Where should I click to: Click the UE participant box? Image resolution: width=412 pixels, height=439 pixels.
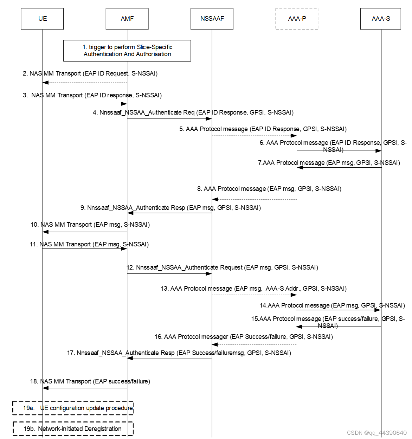[x=42, y=19]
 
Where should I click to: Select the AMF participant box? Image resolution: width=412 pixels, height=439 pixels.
[x=127, y=19]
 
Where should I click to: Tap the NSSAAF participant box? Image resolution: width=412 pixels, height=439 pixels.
[x=212, y=19]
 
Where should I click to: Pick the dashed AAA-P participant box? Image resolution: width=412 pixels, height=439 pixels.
[x=297, y=19]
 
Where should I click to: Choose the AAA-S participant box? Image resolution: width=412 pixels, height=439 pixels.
[x=381, y=19]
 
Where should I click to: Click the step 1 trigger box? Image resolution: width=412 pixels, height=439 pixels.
[x=127, y=51]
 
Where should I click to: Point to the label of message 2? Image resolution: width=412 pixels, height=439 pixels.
[x=90, y=73]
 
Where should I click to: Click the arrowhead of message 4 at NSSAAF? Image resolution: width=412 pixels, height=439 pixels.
[x=209, y=119]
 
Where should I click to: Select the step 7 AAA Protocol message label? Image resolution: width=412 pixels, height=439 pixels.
[x=329, y=163]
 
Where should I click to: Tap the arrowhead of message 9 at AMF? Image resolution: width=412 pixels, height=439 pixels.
[x=130, y=213]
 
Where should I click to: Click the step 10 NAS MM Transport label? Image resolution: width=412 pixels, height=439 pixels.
[x=90, y=225]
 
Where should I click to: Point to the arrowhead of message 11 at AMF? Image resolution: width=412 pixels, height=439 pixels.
[x=124, y=248]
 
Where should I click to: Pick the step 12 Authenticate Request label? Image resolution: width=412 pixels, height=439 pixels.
[x=222, y=267]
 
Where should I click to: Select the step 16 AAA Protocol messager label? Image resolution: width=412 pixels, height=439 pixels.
[x=244, y=337]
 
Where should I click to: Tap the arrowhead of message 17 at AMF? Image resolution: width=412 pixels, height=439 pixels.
[x=130, y=358]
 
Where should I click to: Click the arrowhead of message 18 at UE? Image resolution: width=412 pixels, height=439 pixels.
[x=45, y=388]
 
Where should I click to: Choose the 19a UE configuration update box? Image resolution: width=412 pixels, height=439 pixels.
[x=73, y=408]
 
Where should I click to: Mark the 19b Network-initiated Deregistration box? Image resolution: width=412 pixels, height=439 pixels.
[x=73, y=429]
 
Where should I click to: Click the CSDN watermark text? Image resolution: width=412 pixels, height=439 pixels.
[x=376, y=433]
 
